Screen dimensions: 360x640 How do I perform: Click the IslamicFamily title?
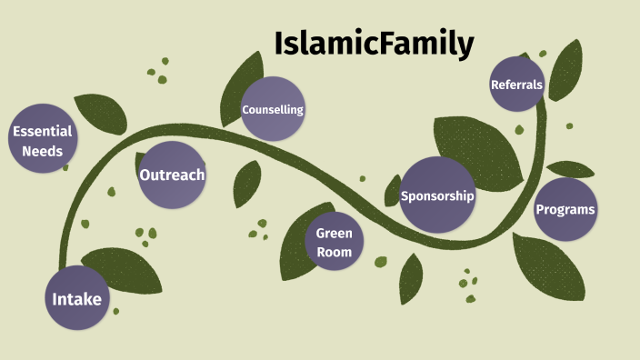click(374, 43)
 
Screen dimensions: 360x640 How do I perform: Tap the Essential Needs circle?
click(42, 142)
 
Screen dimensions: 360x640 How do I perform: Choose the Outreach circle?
click(171, 175)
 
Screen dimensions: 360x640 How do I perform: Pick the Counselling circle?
click(272, 109)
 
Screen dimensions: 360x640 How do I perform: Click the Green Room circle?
click(335, 242)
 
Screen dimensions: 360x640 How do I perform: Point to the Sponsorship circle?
click(438, 195)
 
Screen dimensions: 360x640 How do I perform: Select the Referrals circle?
click(516, 85)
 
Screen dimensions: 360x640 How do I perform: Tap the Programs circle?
click(565, 210)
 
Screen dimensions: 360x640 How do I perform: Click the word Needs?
click(42, 152)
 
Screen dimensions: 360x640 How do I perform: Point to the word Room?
click(335, 252)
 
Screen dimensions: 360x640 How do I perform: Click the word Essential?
click(42, 132)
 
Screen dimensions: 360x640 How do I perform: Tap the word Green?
click(335, 233)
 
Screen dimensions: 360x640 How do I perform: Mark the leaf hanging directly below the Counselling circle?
click(246, 183)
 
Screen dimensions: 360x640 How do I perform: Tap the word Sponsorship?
click(438, 195)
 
